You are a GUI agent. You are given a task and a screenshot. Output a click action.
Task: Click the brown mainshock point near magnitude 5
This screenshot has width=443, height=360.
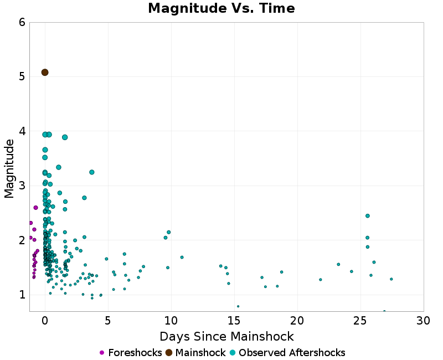coord(45,73)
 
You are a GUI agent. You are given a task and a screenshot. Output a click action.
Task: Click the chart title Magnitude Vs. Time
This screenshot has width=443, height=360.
coord(221,8)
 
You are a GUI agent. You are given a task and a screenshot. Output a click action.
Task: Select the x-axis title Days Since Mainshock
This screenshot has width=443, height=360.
coord(226,336)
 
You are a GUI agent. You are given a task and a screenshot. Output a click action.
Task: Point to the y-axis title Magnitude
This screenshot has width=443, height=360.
coord(9,168)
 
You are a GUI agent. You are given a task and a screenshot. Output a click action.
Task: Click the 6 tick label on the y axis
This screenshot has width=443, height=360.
coord(22,23)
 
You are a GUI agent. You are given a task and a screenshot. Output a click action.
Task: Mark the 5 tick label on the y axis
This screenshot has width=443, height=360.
coord(22,76)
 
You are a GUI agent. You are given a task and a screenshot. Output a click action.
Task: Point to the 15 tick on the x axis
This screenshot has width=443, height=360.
coord(234,321)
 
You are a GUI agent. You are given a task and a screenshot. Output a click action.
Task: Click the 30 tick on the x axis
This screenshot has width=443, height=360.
coord(424,321)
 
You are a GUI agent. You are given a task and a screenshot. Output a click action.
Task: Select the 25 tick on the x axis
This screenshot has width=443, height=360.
coord(360,321)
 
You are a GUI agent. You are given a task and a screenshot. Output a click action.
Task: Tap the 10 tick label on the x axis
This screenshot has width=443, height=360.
coord(171,321)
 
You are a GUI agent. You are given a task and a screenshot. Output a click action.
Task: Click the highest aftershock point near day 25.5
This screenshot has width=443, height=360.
coord(367,216)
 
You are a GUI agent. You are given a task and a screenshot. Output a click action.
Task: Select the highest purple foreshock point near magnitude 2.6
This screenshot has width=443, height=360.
coord(35,208)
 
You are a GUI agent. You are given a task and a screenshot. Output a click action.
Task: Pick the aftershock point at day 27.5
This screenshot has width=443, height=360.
coord(391,279)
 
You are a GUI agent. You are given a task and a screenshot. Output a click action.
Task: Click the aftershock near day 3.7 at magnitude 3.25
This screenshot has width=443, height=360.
coord(92,172)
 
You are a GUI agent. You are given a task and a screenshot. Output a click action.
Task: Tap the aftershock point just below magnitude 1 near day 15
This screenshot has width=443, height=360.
coord(238,306)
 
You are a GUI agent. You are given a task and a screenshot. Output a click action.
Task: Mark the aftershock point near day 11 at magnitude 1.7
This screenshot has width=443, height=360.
coord(182,257)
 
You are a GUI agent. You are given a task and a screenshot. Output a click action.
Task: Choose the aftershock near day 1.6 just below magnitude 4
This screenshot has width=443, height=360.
coord(65,137)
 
